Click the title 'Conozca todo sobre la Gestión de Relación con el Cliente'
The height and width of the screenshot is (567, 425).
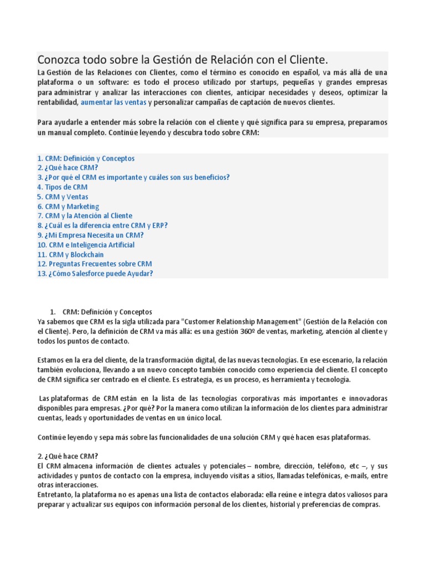[186, 59]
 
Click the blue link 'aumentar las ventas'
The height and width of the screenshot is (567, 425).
[113, 102]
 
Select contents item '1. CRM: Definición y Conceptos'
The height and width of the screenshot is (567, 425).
[86, 158]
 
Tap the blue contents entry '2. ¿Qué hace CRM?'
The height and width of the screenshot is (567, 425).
[68, 168]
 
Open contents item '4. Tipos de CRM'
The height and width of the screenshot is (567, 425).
[63, 187]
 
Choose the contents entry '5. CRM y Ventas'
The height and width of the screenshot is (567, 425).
[63, 197]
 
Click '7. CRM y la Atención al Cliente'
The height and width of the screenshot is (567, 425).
[85, 216]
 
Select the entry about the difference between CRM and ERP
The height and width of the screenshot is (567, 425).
[102, 225]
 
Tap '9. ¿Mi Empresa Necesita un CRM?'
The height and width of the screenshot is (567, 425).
[90, 235]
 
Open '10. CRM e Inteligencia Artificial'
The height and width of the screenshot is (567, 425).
[86, 245]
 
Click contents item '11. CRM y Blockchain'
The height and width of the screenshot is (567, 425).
[70, 255]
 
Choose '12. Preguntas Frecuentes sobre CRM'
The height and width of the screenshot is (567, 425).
[95, 264]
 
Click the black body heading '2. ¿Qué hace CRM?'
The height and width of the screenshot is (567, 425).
[68, 456]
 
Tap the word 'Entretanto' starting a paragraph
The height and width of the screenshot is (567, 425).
[54, 494]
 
